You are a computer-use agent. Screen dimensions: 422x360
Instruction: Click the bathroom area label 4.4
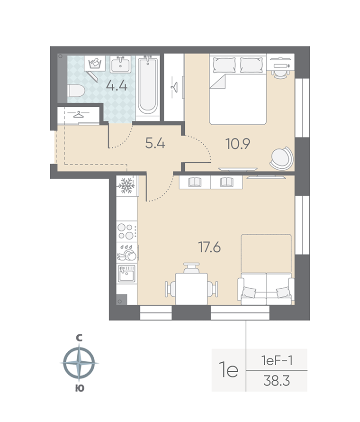coord(117,86)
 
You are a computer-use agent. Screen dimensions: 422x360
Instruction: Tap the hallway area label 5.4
coord(155,143)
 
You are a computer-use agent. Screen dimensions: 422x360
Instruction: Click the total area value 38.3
coord(277,381)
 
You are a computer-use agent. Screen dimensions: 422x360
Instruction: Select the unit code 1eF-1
coord(277,361)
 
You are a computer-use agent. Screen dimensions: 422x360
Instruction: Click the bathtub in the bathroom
coord(147,85)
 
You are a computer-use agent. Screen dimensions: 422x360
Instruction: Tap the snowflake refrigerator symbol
coord(126,186)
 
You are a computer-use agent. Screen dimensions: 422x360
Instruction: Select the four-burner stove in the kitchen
coord(126,231)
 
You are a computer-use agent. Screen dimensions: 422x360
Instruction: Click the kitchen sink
coord(126,274)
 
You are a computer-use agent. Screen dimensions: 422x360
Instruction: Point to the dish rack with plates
coord(126,254)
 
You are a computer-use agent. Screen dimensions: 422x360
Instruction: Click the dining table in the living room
coord(191,287)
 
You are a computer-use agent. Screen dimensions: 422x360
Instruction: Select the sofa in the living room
coord(265,287)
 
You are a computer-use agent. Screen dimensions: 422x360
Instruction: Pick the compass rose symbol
coord(79,363)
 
